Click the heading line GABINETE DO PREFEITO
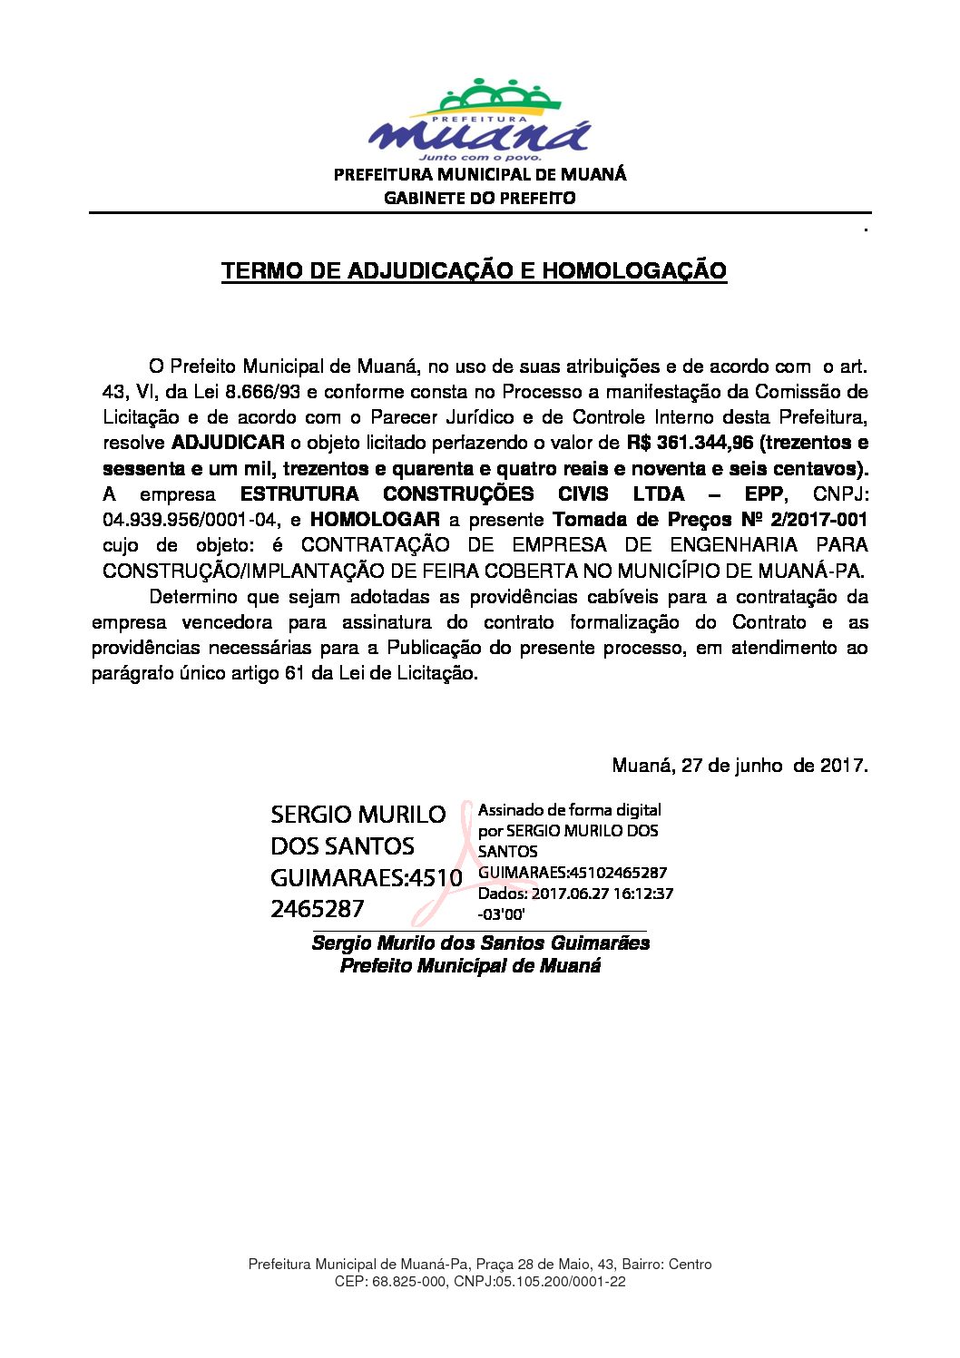(x=479, y=198)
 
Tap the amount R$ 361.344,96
(x=690, y=443)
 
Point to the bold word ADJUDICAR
(x=228, y=443)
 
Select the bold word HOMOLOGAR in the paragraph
(x=375, y=520)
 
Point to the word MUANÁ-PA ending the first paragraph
(x=818, y=571)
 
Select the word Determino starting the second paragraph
(x=192, y=597)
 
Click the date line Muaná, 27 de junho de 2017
(x=740, y=765)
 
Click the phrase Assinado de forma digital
(x=569, y=810)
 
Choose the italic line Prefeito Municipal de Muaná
(x=470, y=965)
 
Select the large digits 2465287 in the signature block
(x=317, y=908)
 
